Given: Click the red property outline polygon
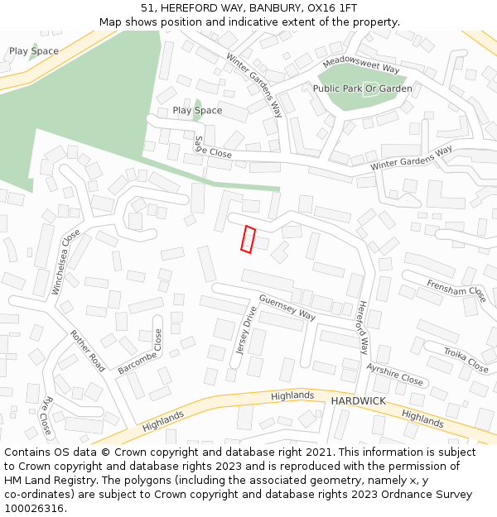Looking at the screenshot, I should [x=248, y=239].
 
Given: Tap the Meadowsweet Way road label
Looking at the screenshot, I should [x=361, y=65].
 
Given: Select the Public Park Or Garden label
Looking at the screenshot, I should [x=362, y=89].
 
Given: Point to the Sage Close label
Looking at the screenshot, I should [x=212, y=149].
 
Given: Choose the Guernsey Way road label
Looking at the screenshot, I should [x=287, y=308].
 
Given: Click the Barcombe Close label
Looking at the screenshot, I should [x=138, y=352].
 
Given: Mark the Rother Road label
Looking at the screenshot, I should [x=88, y=351].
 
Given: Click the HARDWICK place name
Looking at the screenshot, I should [x=358, y=401].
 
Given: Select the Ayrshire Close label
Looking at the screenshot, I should [x=395, y=375].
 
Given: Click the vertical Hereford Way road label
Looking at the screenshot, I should [x=363, y=328].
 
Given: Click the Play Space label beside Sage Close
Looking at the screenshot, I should [x=197, y=110].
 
